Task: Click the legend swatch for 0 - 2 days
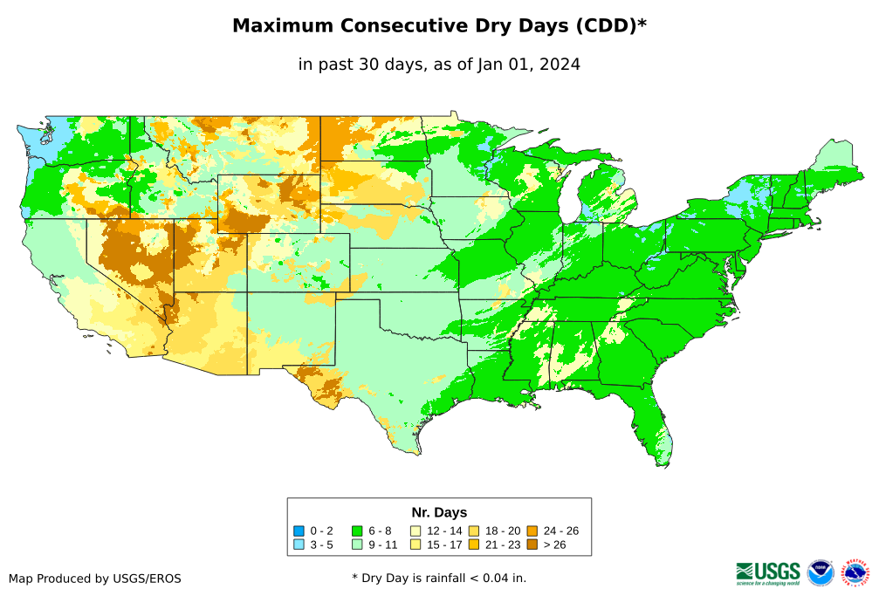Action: [299, 531]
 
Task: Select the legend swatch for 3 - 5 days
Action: [299, 545]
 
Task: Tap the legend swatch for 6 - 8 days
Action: [357, 531]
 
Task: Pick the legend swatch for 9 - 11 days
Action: [357, 545]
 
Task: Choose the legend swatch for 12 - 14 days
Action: [415, 531]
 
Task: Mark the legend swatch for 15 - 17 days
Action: [415, 545]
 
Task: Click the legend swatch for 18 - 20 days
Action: [474, 531]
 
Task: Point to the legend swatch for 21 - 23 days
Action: [474, 545]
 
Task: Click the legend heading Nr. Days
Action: [439, 512]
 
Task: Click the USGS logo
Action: [768, 572]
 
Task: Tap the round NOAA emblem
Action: [821, 572]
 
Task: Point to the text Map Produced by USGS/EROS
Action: [95, 578]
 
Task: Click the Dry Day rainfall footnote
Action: [439, 578]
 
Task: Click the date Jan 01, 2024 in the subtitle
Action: [528, 64]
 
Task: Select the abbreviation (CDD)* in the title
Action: [609, 26]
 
